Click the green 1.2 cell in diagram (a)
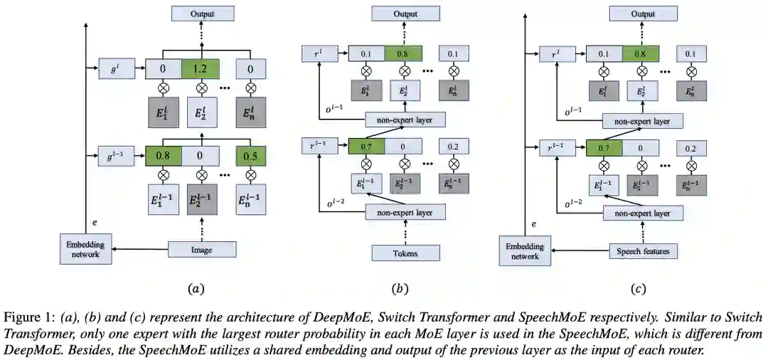coord(201,68)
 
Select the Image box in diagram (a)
coord(202,249)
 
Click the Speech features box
coord(644,251)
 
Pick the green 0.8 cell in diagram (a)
coord(163,155)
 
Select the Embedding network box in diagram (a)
coord(85,249)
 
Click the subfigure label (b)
coord(400,288)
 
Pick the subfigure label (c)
coord(638,288)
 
